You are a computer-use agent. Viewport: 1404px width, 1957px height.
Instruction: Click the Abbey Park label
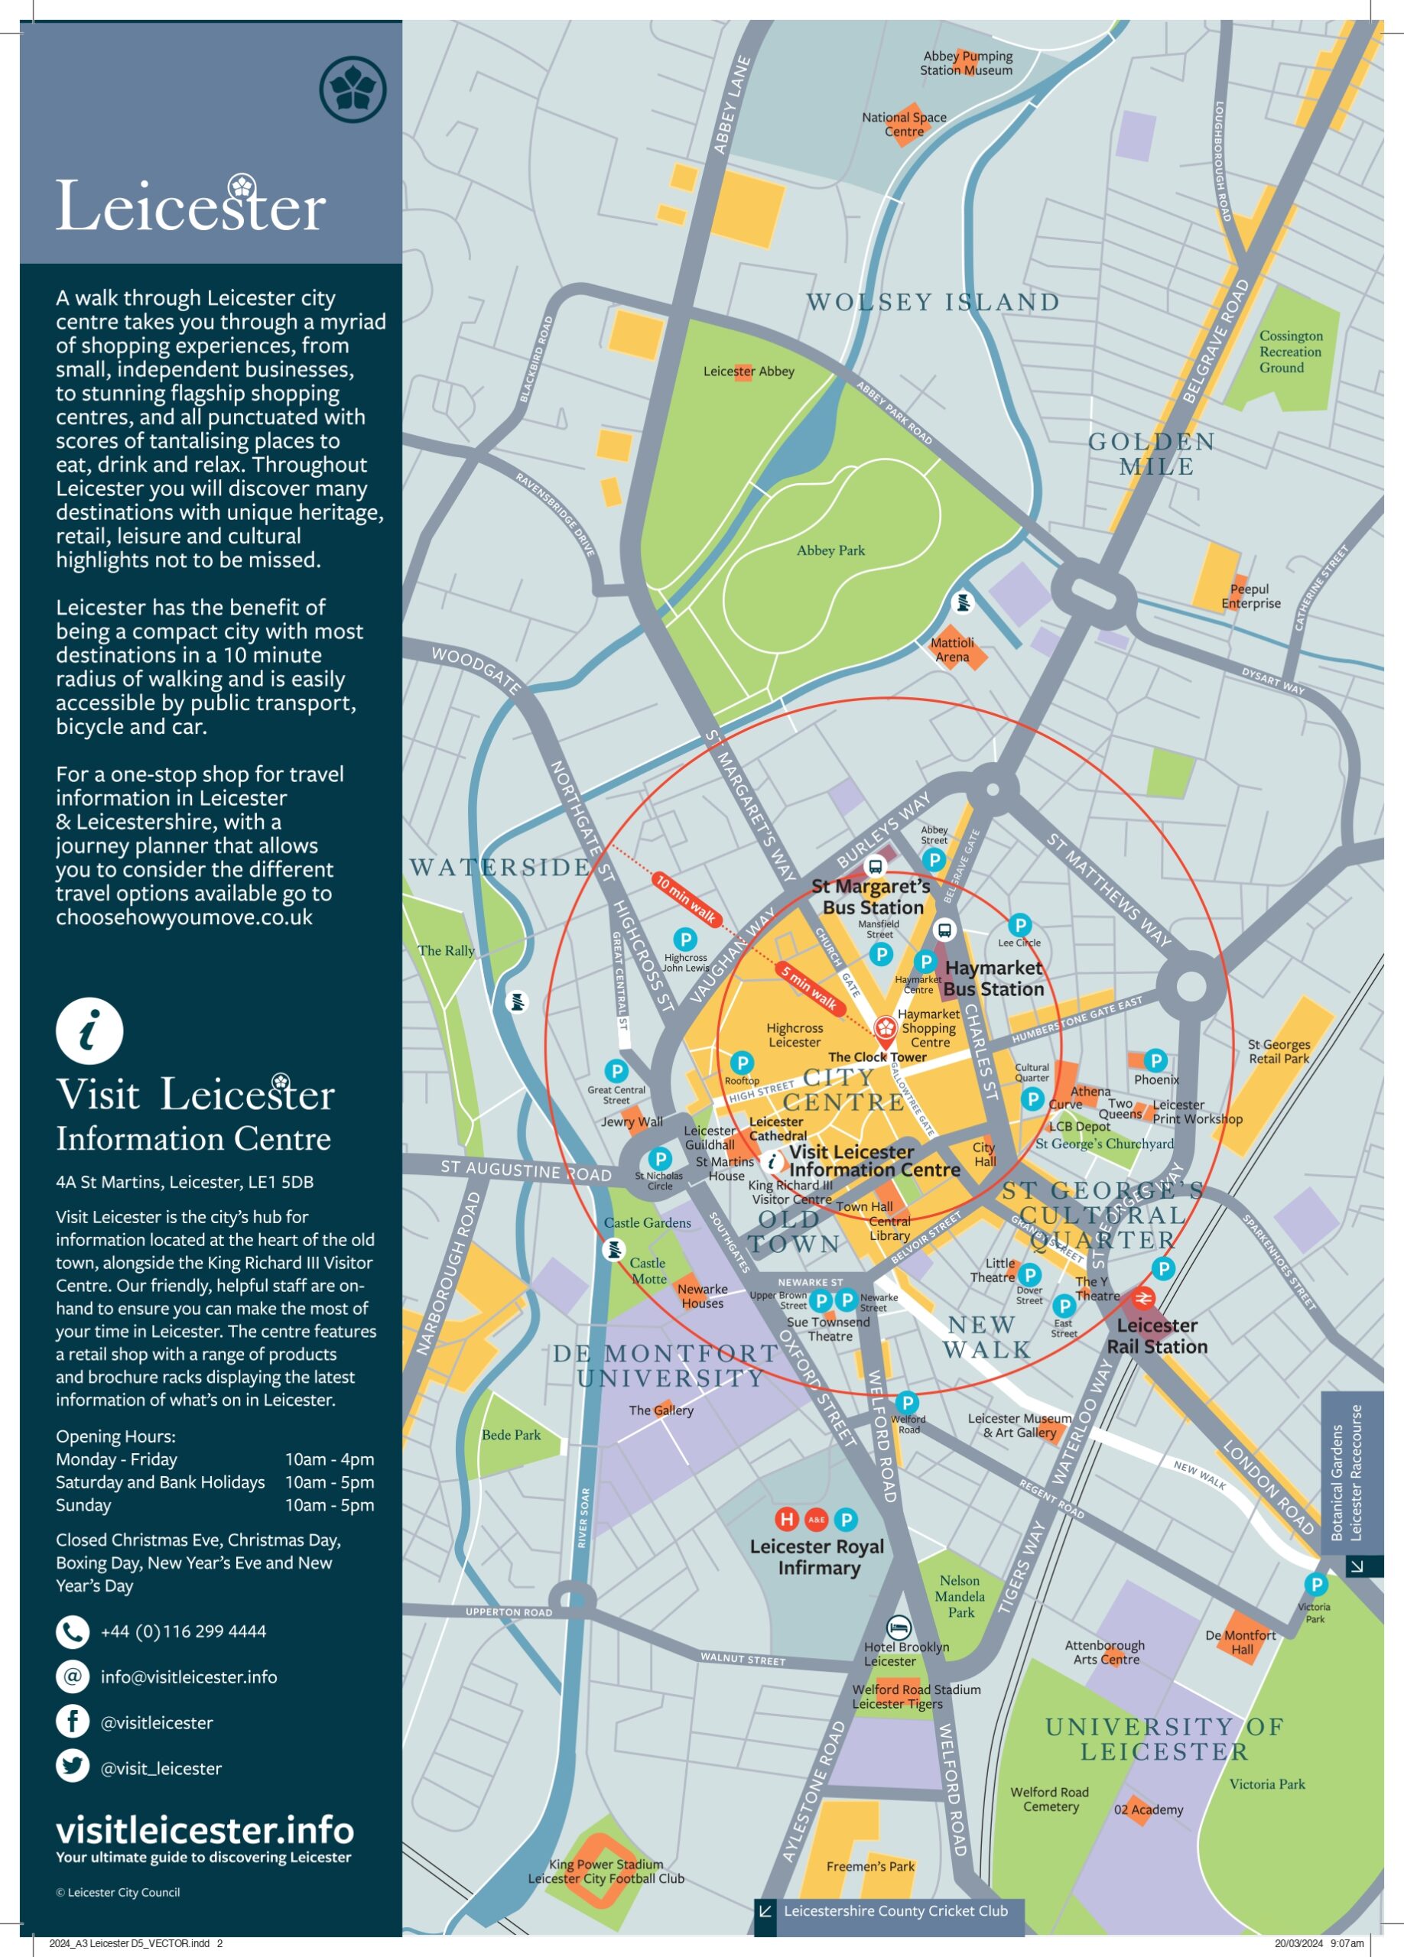[830, 550]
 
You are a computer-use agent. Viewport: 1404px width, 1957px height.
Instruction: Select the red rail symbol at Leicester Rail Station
[1143, 1298]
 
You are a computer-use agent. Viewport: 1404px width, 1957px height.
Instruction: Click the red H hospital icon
[786, 1519]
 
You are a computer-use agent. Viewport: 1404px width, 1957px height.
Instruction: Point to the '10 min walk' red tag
[686, 898]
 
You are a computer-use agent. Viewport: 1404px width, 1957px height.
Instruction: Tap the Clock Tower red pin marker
[886, 1028]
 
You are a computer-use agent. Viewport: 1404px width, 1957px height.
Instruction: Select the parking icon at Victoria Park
[1315, 1584]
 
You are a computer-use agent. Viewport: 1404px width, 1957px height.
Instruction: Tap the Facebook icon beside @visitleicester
[73, 1721]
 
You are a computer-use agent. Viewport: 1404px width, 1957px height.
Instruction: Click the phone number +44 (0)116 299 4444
[183, 1631]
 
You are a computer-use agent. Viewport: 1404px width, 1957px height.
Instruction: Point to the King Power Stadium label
[606, 1871]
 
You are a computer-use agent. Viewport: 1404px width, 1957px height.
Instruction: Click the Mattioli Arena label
[952, 650]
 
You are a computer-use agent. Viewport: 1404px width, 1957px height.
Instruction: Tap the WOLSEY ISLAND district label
[932, 302]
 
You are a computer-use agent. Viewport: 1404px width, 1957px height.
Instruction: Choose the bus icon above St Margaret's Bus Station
[875, 866]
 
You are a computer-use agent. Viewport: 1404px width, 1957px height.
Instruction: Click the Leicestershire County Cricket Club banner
[895, 1910]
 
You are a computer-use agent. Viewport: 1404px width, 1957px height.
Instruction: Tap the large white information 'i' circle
[89, 1030]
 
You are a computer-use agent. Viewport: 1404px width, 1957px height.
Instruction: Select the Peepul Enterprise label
[1250, 596]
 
